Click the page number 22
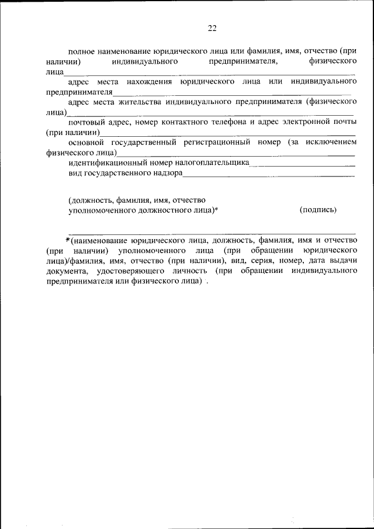pyautogui.click(x=212, y=28)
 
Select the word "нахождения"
pyautogui.click(x=147, y=82)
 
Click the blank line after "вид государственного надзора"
pyautogui.click(x=269, y=175)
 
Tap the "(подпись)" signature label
pyautogui.click(x=317, y=209)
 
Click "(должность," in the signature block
pyautogui.click(x=89, y=199)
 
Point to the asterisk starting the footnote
pyautogui.click(x=68, y=240)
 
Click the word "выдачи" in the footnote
pyautogui.click(x=344, y=261)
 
